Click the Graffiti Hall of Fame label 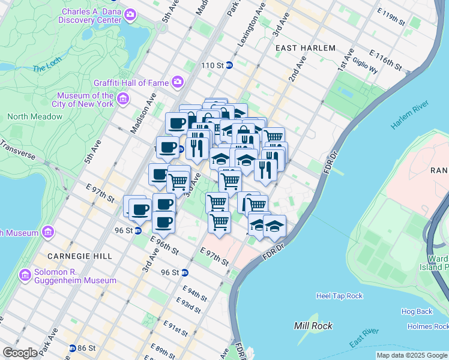[131, 82]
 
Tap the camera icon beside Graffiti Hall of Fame [178, 82]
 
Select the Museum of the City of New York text [85, 100]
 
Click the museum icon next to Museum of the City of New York [123, 98]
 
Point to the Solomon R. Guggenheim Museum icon [25, 275]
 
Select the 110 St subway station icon [229, 65]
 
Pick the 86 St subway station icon [73, 348]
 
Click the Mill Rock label [310, 326]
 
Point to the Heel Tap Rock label [339, 296]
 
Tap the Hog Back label [417, 311]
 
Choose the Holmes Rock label [427, 326]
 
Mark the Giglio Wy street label [365, 69]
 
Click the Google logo [20, 353]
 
